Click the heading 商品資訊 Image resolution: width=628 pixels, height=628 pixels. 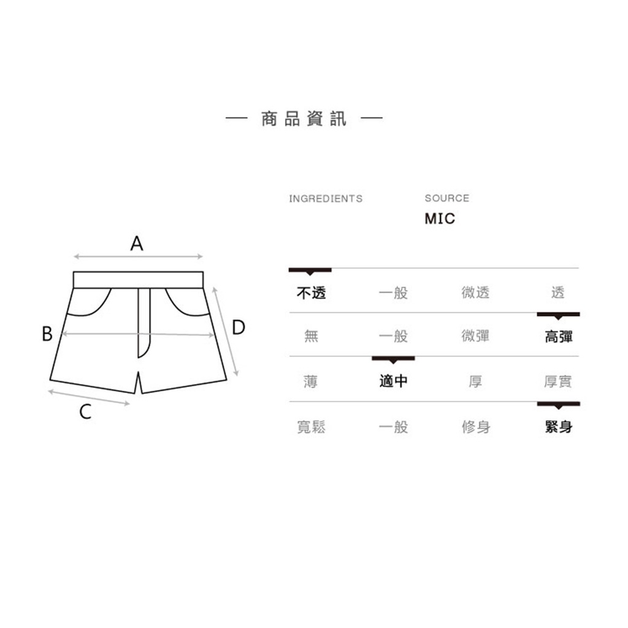[x=304, y=119]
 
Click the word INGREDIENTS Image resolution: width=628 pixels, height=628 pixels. [x=326, y=199]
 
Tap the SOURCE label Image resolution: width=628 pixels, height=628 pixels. [x=447, y=198]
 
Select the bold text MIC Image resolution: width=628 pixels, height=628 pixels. [x=440, y=219]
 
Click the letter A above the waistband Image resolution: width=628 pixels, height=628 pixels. [x=137, y=243]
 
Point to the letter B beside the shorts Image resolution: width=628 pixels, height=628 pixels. [x=47, y=333]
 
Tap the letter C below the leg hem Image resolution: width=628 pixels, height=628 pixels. [x=85, y=412]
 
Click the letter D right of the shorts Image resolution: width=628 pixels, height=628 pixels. [x=239, y=327]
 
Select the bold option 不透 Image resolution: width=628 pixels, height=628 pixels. [x=311, y=293]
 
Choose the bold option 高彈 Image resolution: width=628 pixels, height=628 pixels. [x=558, y=337]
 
